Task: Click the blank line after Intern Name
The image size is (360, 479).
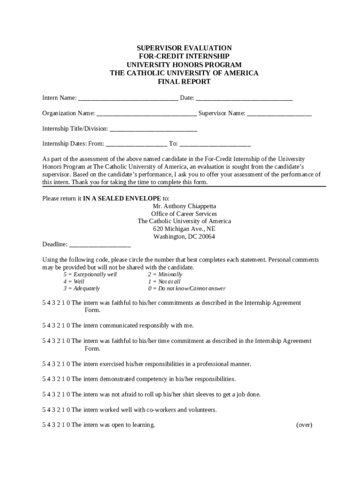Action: pos(128,99)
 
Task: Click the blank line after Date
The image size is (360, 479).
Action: pos(244,99)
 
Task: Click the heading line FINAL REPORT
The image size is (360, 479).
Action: pos(184,82)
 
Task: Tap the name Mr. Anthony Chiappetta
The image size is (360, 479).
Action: pos(184,206)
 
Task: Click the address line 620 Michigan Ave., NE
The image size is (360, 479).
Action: pos(184,229)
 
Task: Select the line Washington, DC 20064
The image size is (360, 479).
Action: pos(184,237)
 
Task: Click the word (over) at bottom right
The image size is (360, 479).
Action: pos(304,425)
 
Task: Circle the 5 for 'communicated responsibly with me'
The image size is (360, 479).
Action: pos(44,326)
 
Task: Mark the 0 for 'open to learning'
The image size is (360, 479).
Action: pos(68,425)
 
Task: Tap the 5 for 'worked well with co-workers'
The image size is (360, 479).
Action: pos(44,410)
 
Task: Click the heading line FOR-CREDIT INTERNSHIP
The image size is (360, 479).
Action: pos(184,57)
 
